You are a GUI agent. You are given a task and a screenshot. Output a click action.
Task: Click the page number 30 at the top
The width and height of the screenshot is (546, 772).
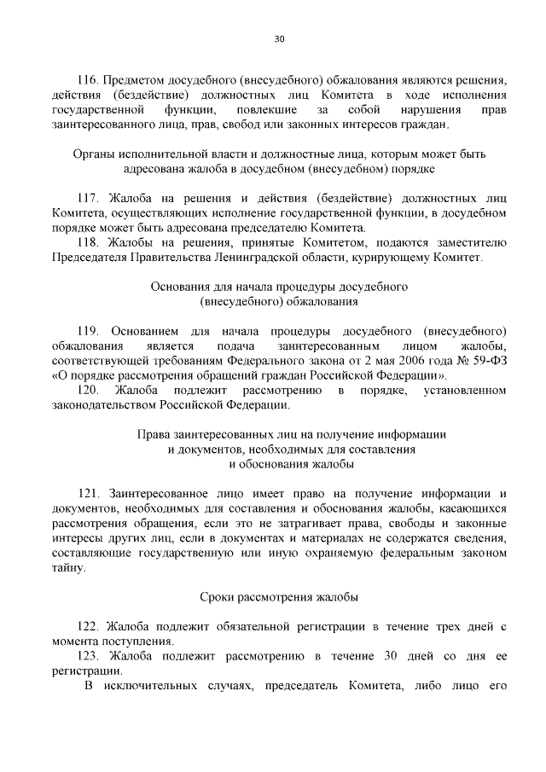click(x=279, y=38)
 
